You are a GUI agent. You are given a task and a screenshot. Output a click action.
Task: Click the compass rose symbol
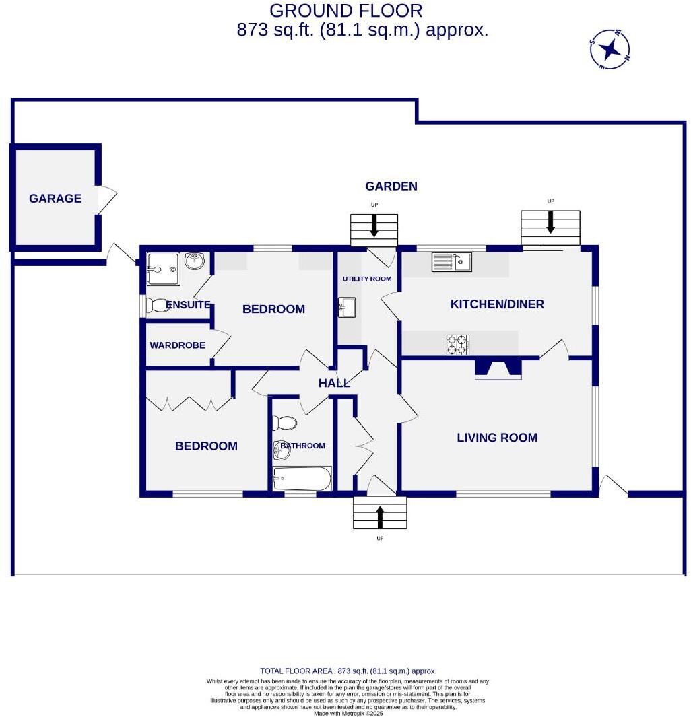point(610,50)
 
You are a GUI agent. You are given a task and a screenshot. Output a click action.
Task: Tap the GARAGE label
point(55,199)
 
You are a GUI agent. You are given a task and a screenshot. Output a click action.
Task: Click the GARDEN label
point(391,186)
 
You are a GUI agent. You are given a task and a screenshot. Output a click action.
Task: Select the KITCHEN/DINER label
point(497,304)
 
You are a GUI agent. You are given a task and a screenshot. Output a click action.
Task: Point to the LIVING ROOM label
point(497,438)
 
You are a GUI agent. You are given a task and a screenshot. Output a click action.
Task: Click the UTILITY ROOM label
point(367,279)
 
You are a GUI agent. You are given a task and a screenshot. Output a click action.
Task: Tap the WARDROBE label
point(177,345)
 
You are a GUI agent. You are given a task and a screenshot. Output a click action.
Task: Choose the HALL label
point(334,383)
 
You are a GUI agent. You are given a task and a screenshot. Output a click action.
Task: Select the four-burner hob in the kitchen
point(457,345)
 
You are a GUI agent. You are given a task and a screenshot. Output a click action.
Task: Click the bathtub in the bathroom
point(302,479)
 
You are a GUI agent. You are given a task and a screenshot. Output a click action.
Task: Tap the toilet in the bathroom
point(284,423)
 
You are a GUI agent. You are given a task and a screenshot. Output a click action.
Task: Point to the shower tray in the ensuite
point(163,269)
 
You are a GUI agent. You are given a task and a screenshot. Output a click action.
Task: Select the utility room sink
point(348,308)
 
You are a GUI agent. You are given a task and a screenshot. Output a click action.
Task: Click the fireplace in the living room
point(498,368)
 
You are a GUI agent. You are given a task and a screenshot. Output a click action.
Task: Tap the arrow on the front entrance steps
point(380,516)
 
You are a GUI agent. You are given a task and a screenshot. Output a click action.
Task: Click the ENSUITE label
point(188,305)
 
